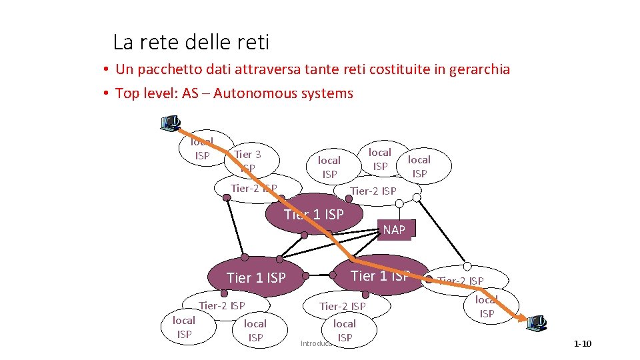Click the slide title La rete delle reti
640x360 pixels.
click(191, 43)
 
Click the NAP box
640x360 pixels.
click(394, 230)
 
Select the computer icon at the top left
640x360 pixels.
click(171, 123)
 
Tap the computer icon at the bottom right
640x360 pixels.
click(537, 323)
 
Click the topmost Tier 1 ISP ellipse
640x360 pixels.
click(313, 214)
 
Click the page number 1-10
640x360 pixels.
click(582, 344)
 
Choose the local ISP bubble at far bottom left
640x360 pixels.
click(184, 327)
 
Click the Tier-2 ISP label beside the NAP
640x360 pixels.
click(373, 191)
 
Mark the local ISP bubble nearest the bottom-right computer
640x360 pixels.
click(487, 307)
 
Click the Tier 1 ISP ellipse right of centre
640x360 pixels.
click(380, 275)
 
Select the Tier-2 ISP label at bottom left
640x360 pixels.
click(222, 306)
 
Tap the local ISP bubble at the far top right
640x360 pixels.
click(419, 167)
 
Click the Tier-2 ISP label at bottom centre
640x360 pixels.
click(343, 307)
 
